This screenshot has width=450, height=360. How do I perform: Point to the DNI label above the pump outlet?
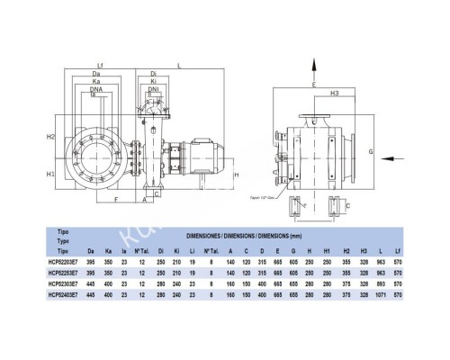[155, 91]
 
